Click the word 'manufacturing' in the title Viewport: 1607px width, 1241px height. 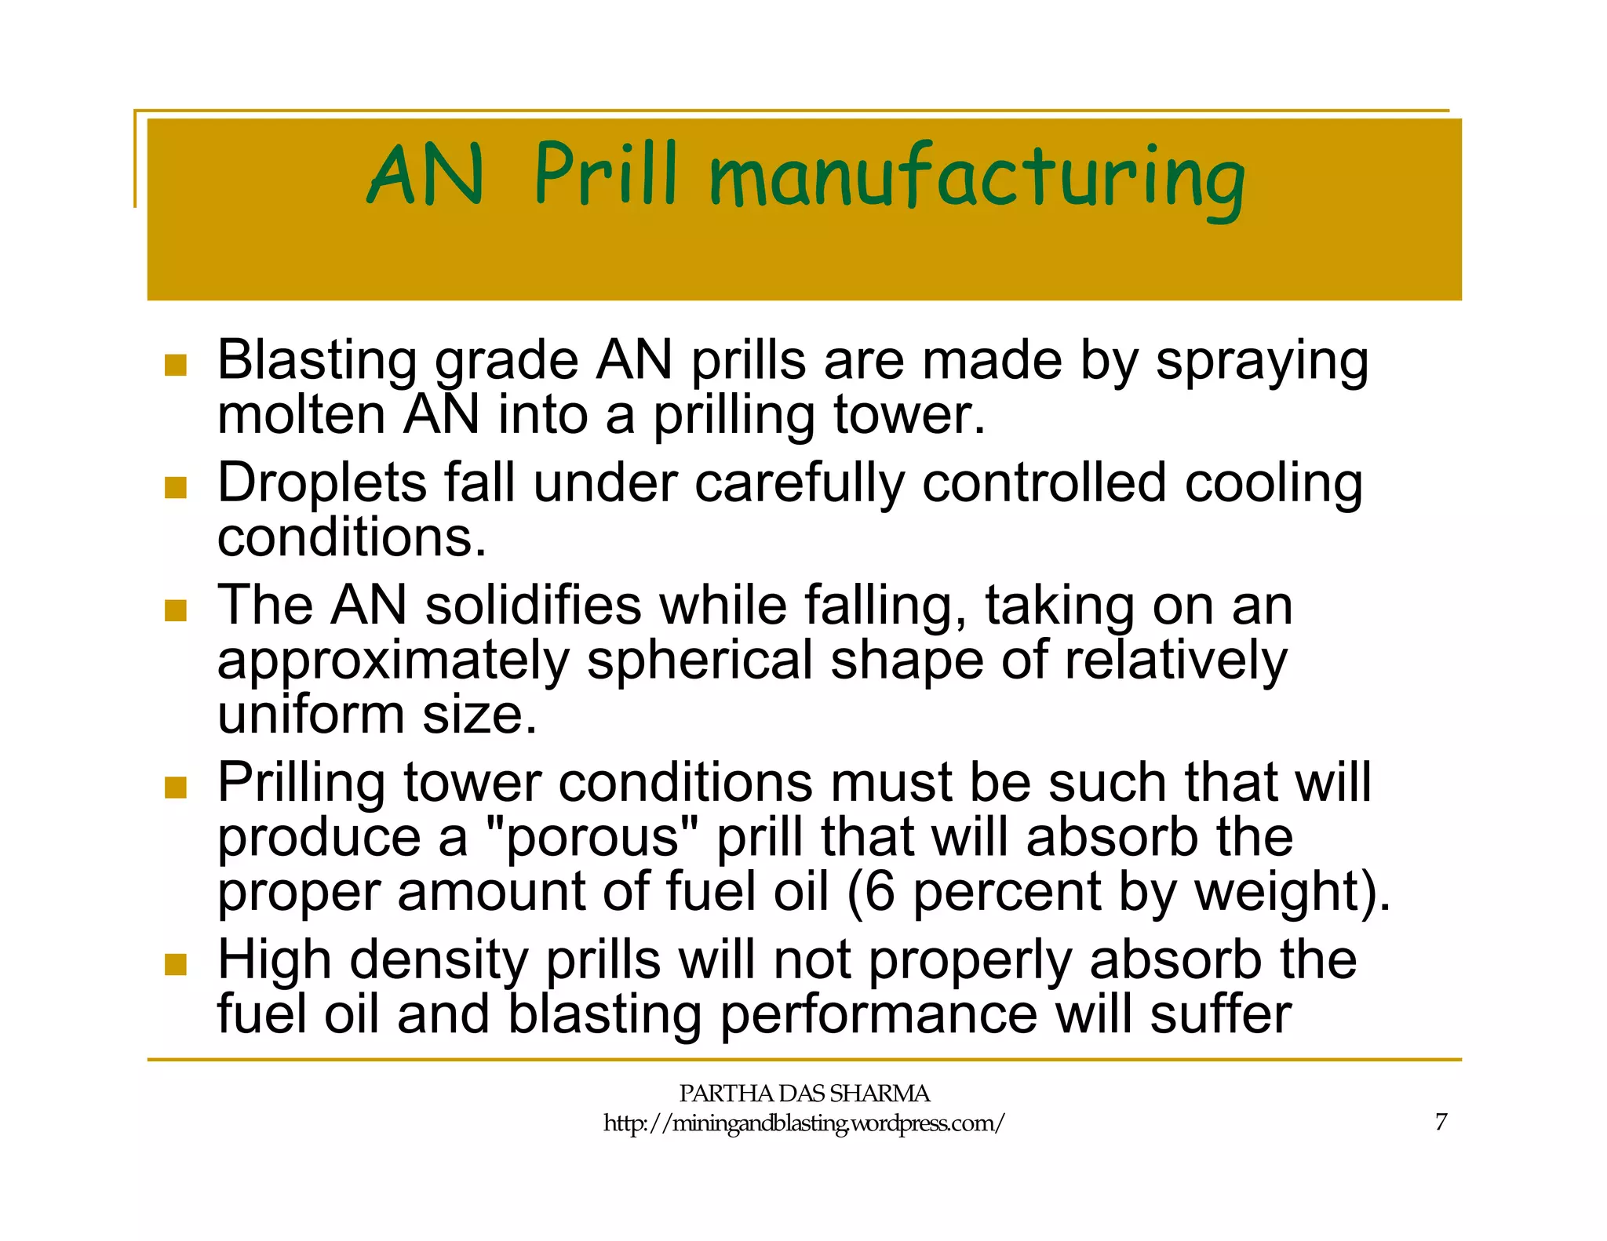[977, 179]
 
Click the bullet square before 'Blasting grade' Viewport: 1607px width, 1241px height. [176, 365]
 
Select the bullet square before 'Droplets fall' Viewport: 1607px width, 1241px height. [176, 487]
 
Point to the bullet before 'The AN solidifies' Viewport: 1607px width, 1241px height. [176, 610]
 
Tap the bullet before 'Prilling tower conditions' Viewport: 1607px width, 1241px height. [176, 787]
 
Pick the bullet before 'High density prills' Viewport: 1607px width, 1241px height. [176, 964]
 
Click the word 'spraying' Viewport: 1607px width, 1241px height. [1262, 363]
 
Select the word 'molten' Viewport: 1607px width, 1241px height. [301, 415]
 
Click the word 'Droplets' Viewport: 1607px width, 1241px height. [322, 483]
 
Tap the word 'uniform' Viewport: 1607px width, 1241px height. [312, 715]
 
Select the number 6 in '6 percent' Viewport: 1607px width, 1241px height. [880, 892]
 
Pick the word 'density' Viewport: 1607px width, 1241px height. [439, 961]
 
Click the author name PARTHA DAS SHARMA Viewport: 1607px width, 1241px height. [803, 1094]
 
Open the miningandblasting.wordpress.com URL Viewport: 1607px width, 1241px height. [803, 1123]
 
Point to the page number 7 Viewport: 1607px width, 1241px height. [1441, 1122]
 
